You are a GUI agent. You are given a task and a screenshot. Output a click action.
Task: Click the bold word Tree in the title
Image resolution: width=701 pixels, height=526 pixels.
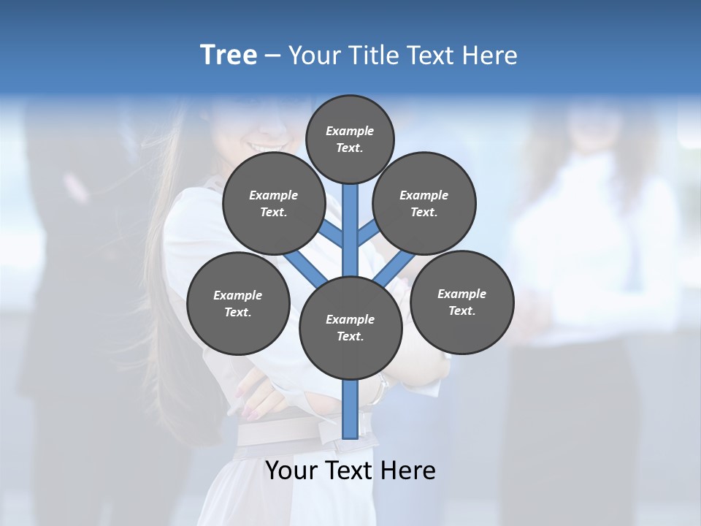[x=229, y=56]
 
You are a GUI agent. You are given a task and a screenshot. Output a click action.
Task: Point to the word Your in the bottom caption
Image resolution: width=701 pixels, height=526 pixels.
[x=293, y=470]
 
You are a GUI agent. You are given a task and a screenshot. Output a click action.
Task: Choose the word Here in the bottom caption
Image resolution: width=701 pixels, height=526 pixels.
[x=408, y=470]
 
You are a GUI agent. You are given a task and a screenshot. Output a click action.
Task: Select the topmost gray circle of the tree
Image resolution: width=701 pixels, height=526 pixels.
[x=350, y=139]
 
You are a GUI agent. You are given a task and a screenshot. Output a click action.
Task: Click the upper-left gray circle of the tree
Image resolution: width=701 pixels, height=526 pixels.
[x=274, y=203]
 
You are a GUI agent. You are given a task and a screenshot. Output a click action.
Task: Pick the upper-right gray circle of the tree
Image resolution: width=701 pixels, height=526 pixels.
[x=424, y=203]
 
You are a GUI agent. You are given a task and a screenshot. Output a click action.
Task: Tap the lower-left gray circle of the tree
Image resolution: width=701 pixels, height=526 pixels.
[x=238, y=303]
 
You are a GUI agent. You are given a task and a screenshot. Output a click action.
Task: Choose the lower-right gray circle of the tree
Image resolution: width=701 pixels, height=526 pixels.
[x=461, y=302]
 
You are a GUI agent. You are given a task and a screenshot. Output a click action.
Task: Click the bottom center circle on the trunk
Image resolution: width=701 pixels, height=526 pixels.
[x=350, y=327]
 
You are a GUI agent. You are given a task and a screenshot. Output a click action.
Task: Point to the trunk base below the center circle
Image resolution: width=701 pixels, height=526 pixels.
[x=350, y=409]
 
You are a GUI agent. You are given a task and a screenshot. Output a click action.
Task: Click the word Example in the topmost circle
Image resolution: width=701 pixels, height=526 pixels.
[x=350, y=131]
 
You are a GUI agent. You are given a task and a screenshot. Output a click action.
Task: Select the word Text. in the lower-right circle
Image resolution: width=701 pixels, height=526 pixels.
[x=461, y=310]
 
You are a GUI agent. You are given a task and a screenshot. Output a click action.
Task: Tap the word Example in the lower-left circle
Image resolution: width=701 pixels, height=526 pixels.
[x=237, y=295]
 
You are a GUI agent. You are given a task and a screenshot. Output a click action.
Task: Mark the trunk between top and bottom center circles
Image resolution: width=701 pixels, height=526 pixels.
[x=350, y=234]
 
